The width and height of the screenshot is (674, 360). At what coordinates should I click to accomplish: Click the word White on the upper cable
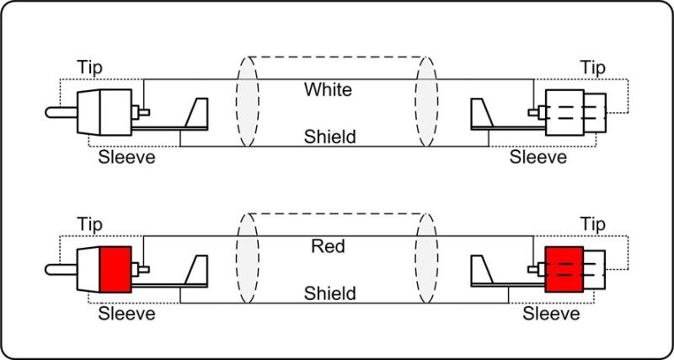tap(329, 89)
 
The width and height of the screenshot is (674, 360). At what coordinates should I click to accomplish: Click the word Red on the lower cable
tap(329, 246)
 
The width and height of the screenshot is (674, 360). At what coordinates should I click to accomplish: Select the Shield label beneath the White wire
tap(329, 136)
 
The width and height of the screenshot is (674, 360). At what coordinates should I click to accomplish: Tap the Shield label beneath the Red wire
tap(329, 293)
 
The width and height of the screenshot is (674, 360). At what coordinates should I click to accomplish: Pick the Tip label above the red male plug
tap(91, 224)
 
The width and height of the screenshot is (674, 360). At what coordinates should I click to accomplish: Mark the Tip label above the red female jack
tap(595, 224)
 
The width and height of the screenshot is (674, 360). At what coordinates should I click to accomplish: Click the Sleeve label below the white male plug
tap(127, 157)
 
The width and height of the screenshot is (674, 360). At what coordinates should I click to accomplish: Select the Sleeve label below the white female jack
tap(539, 157)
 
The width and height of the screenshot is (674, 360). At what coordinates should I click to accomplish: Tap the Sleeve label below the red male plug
tap(127, 314)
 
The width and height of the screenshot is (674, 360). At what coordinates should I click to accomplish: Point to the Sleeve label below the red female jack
tap(551, 314)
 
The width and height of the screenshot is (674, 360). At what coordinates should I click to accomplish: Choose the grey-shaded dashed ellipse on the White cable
tap(427, 103)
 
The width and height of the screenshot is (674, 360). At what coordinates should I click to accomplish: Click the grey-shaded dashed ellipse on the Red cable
tap(427, 261)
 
